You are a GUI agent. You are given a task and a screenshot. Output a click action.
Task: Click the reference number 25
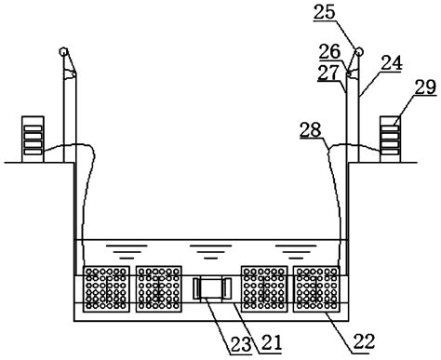[325, 12]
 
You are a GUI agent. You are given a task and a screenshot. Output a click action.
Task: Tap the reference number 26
[330, 51]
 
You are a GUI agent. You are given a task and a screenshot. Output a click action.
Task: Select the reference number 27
[328, 73]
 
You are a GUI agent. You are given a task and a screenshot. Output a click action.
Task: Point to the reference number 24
[392, 62]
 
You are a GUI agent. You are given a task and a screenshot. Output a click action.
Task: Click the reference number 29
[425, 87]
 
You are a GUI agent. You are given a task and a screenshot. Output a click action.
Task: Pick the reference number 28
[311, 129]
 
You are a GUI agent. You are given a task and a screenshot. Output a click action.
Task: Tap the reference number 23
[241, 344]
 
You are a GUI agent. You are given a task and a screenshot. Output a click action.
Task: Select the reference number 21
[272, 342]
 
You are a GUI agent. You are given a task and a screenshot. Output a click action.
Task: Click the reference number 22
[364, 341]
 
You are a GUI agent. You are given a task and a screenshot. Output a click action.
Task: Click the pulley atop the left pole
[63, 51]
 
